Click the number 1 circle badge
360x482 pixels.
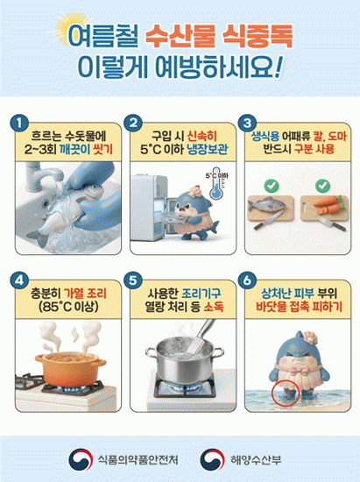pyautogui.click(x=19, y=124)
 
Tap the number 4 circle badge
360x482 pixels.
pyautogui.click(x=19, y=280)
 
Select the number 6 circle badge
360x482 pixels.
pyautogui.click(x=247, y=280)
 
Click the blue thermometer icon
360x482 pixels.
pyautogui.click(x=216, y=183)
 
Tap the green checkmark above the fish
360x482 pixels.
pyautogui.click(x=272, y=186)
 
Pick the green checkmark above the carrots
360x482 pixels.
pyautogui.click(x=322, y=186)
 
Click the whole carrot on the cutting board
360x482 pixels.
pyautogui.click(x=328, y=201)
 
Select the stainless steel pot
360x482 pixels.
pyautogui.click(x=184, y=358)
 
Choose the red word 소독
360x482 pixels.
pyautogui.click(x=214, y=307)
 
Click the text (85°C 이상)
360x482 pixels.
pyautogui.click(x=68, y=307)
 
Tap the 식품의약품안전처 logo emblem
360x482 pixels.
pyautogui.click(x=81, y=459)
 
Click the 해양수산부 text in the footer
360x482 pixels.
pyautogui.click(x=256, y=460)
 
